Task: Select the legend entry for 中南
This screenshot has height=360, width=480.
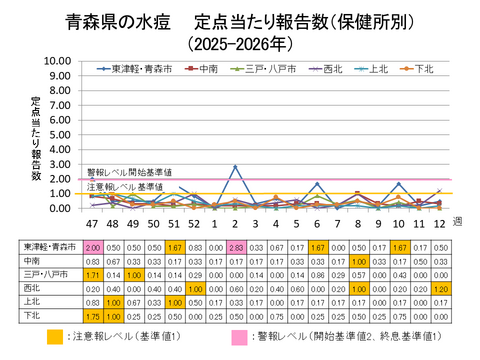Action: coord(205,69)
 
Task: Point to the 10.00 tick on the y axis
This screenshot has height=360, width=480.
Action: coord(58,60)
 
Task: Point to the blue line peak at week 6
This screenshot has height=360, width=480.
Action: coord(316,183)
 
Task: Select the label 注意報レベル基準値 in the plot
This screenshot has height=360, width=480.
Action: coord(124,187)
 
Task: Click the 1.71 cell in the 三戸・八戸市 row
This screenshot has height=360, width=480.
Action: coord(92,273)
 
